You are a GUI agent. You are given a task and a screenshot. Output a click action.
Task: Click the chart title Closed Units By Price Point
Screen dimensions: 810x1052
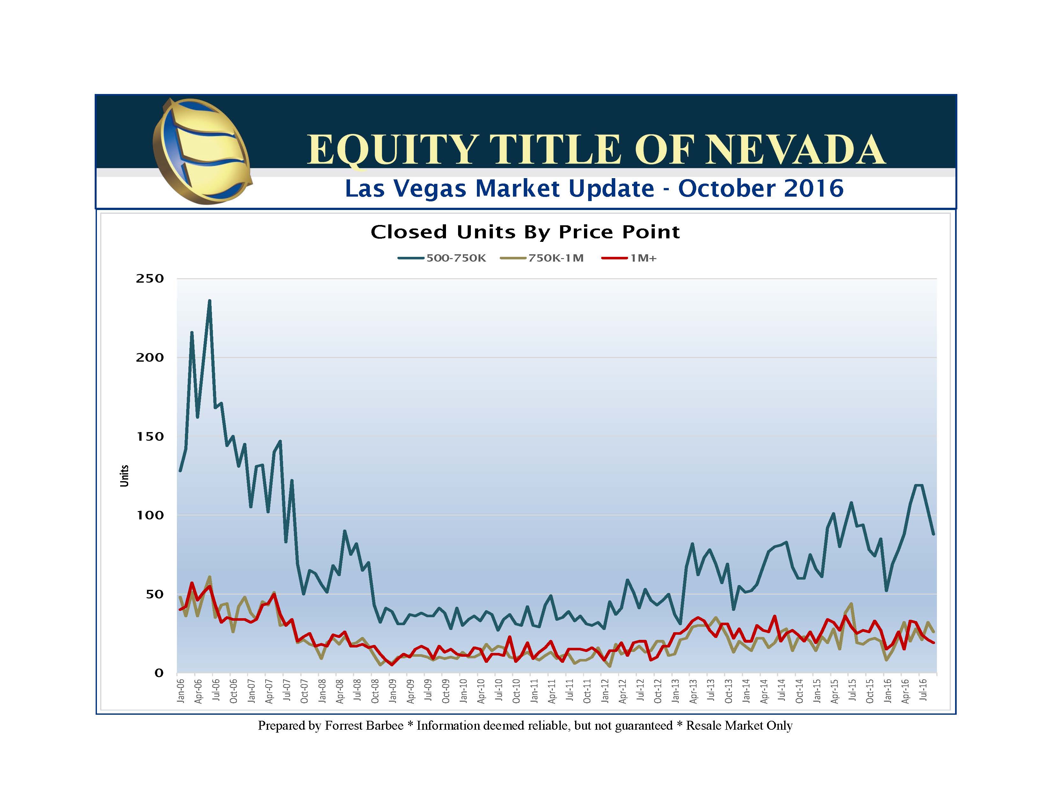click(x=525, y=232)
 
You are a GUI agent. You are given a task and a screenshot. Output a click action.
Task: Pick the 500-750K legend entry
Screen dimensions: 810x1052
click(x=442, y=258)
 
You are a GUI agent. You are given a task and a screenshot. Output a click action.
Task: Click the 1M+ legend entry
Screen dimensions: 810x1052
click(x=630, y=258)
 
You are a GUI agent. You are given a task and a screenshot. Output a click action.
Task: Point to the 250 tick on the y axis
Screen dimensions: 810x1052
click(x=150, y=278)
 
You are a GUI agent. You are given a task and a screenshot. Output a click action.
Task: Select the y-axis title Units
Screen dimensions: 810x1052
click(x=124, y=476)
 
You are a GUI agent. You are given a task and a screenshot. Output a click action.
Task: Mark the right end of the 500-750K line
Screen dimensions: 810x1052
click(x=933, y=534)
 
